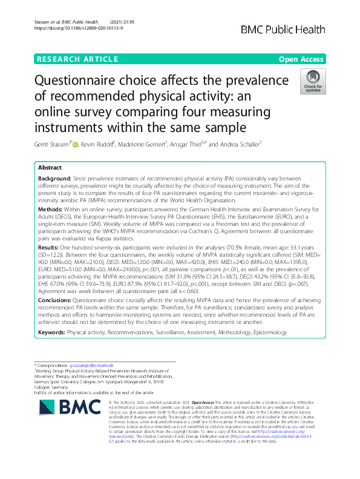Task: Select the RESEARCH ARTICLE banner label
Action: pyautogui.click(x=77, y=59)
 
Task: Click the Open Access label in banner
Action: pyautogui.click(x=301, y=59)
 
